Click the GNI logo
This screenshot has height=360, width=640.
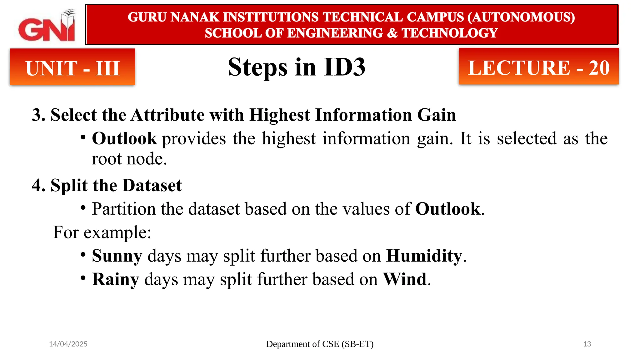point(47,26)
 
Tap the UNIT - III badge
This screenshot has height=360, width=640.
point(72,67)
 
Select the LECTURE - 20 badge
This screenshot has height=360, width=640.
point(538,67)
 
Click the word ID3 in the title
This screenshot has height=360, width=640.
point(344,67)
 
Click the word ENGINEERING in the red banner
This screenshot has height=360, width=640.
point(335,33)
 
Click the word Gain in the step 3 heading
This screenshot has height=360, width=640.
point(437,115)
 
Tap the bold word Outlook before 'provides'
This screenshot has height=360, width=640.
point(124,138)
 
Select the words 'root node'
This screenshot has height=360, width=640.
point(129,159)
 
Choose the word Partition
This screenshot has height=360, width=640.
point(123,209)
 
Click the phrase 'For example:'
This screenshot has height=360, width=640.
point(102,232)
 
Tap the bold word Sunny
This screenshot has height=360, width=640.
point(117,256)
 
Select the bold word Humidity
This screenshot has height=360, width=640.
point(424,256)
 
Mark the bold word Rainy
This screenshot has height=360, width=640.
point(115,279)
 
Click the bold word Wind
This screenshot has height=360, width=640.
point(405,279)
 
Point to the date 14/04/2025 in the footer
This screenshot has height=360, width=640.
point(68,344)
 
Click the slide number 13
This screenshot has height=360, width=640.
point(587,344)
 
